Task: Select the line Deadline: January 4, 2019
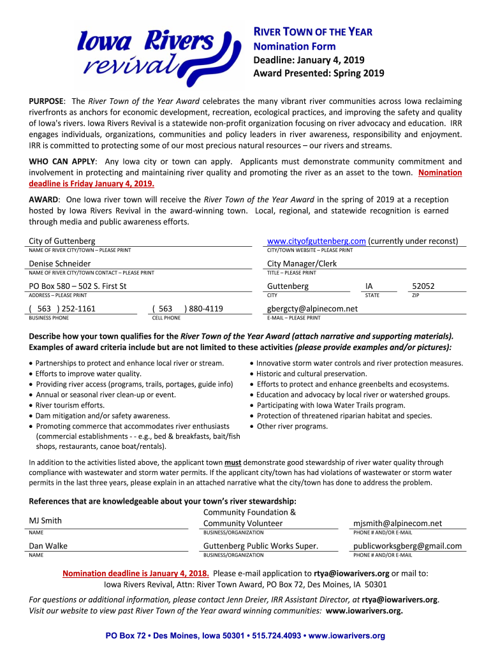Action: coord(309,60)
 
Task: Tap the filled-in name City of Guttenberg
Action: coord(62,241)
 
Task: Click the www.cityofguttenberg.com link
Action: coord(316,241)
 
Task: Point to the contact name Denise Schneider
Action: coord(60,264)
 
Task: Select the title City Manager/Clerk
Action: coord(302,264)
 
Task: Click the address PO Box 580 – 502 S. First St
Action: coord(78,286)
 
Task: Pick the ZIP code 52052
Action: coord(423,286)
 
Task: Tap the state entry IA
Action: coord(369,286)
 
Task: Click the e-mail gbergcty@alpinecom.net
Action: coord(312,309)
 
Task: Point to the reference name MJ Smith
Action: coord(45,521)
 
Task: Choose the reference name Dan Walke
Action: coord(48,546)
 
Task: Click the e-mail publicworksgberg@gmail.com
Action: coord(407,546)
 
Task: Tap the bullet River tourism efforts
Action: coord(70,405)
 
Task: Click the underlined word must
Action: coord(233,462)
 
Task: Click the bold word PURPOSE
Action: coord(46,101)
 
